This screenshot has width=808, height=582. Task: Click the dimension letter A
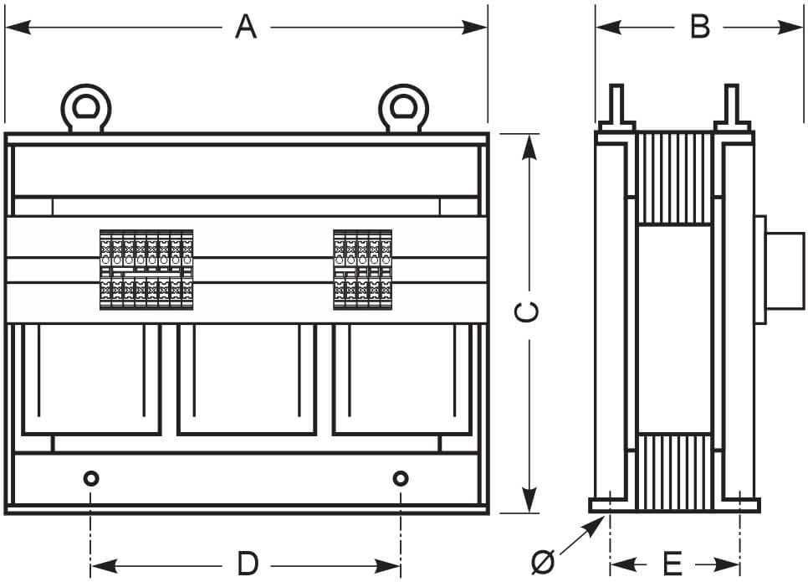tap(246, 27)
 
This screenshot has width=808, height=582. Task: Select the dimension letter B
tap(700, 27)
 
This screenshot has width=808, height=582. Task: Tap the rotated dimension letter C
tap(527, 312)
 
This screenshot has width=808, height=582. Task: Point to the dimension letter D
tap(248, 564)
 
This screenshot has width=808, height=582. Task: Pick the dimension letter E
tap(673, 564)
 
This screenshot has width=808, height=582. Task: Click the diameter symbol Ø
tap(543, 562)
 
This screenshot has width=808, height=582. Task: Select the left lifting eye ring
tap(85, 108)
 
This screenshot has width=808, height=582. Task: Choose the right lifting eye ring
tap(403, 108)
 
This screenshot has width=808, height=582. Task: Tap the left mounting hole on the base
tap(90, 478)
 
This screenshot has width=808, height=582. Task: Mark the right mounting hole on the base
tap(401, 478)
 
